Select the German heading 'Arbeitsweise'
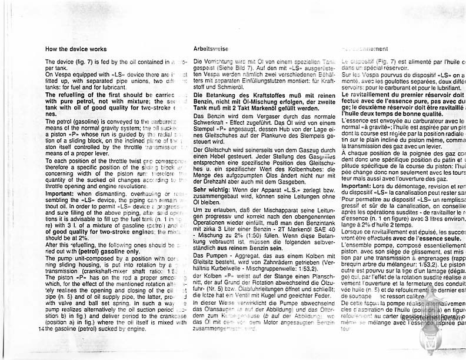209,49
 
